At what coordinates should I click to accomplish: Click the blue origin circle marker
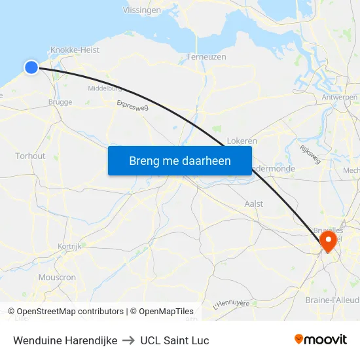tap(31, 67)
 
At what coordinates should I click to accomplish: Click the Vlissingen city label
tap(142, 10)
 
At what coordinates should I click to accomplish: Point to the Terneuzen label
tap(206, 57)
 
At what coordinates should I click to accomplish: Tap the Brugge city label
tap(60, 102)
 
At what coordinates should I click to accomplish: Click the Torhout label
tap(30, 156)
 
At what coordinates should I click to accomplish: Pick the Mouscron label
tap(57, 278)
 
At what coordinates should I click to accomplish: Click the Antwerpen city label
tap(340, 97)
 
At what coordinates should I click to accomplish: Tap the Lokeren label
tap(242, 141)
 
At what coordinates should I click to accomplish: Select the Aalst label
tap(253, 204)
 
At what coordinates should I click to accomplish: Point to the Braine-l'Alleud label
tap(331, 300)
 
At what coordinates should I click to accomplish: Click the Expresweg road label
tap(132, 106)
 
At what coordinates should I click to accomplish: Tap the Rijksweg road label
tap(310, 154)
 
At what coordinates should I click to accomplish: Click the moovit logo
tap(320, 339)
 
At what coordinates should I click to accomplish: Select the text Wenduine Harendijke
tap(65, 340)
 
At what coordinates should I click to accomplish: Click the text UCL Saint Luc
tap(175, 340)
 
